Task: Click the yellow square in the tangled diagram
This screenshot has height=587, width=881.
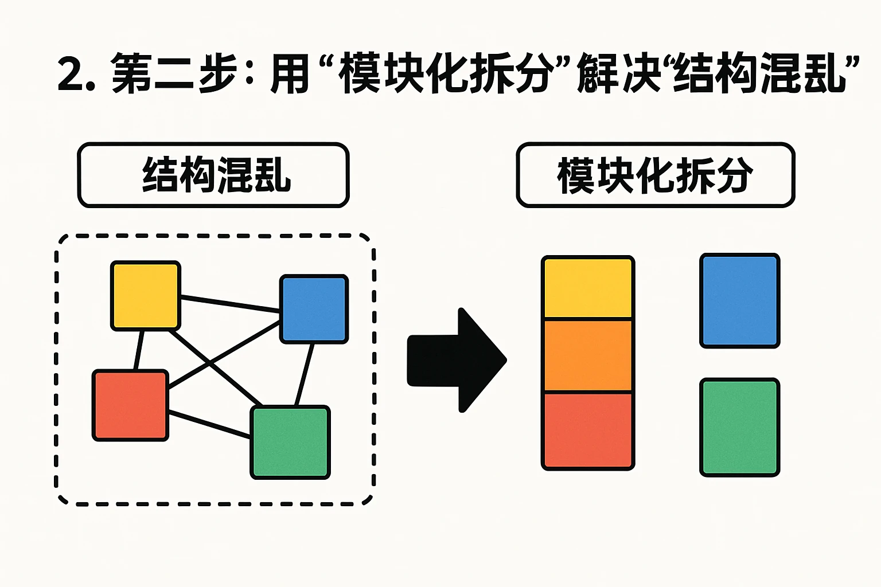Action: [x=146, y=295]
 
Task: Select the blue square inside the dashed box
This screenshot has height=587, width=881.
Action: [x=314, y=309]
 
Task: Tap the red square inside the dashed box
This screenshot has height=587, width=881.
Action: [x=131, y=405]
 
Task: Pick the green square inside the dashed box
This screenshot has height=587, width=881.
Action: [x=290, y=442]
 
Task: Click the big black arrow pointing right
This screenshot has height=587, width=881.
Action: [x=456, y=360]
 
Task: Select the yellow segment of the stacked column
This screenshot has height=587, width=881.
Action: [x=588, y=288]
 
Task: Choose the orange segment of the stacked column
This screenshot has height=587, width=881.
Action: [x=588, y=355]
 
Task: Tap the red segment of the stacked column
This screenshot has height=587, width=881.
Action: [x=588, y=430]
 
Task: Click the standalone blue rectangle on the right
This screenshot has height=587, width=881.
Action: [x=739, y=301]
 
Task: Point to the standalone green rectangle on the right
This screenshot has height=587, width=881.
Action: [x=739, y=427]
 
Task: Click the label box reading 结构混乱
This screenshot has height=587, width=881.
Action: [x=213, y=175]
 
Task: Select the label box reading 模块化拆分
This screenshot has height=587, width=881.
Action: [x=655, y=175]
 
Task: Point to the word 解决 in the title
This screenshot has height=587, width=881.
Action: [x=619, y=74]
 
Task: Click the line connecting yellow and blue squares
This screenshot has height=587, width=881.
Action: [x=229, y=304]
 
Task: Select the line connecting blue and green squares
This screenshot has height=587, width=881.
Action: [x=305, y=374]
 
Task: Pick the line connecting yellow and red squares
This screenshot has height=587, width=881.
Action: [x=138, y=350]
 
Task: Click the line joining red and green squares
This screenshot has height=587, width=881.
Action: [x=209, y=425]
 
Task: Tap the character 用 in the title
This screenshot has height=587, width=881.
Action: [x=290, y=74]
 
